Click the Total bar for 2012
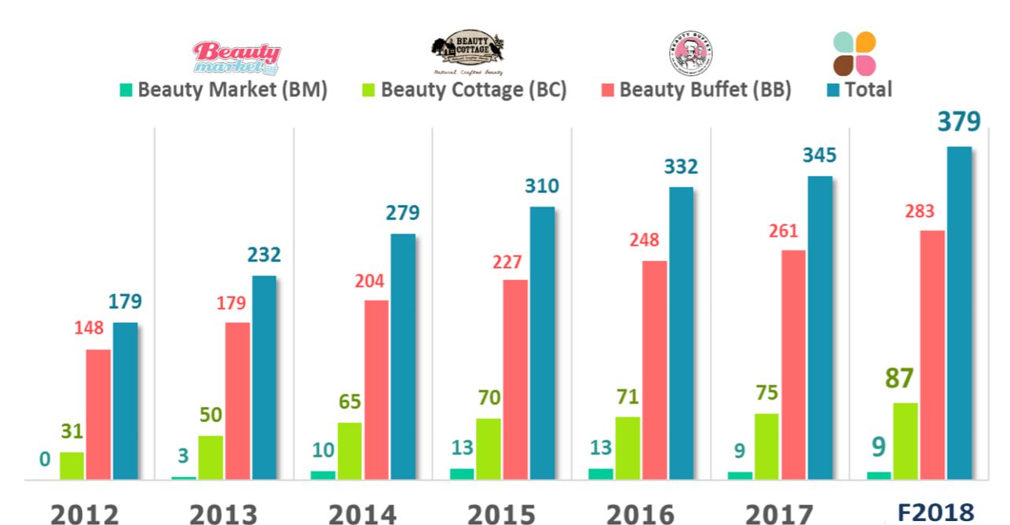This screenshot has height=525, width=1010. click(125, 401)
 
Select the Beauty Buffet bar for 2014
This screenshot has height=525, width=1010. click(376, 390)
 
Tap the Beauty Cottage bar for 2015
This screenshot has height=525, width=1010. click(488, 449)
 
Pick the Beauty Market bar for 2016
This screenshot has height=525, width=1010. click(600, 474)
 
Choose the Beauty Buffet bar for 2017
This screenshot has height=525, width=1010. click(793, 365)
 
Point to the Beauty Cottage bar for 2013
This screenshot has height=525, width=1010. click(210, 457)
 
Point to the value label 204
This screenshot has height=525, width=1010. click(369, 281)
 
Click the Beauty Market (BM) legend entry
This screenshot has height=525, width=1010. click(223, 90)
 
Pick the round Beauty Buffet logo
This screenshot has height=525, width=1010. click(691, 53)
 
